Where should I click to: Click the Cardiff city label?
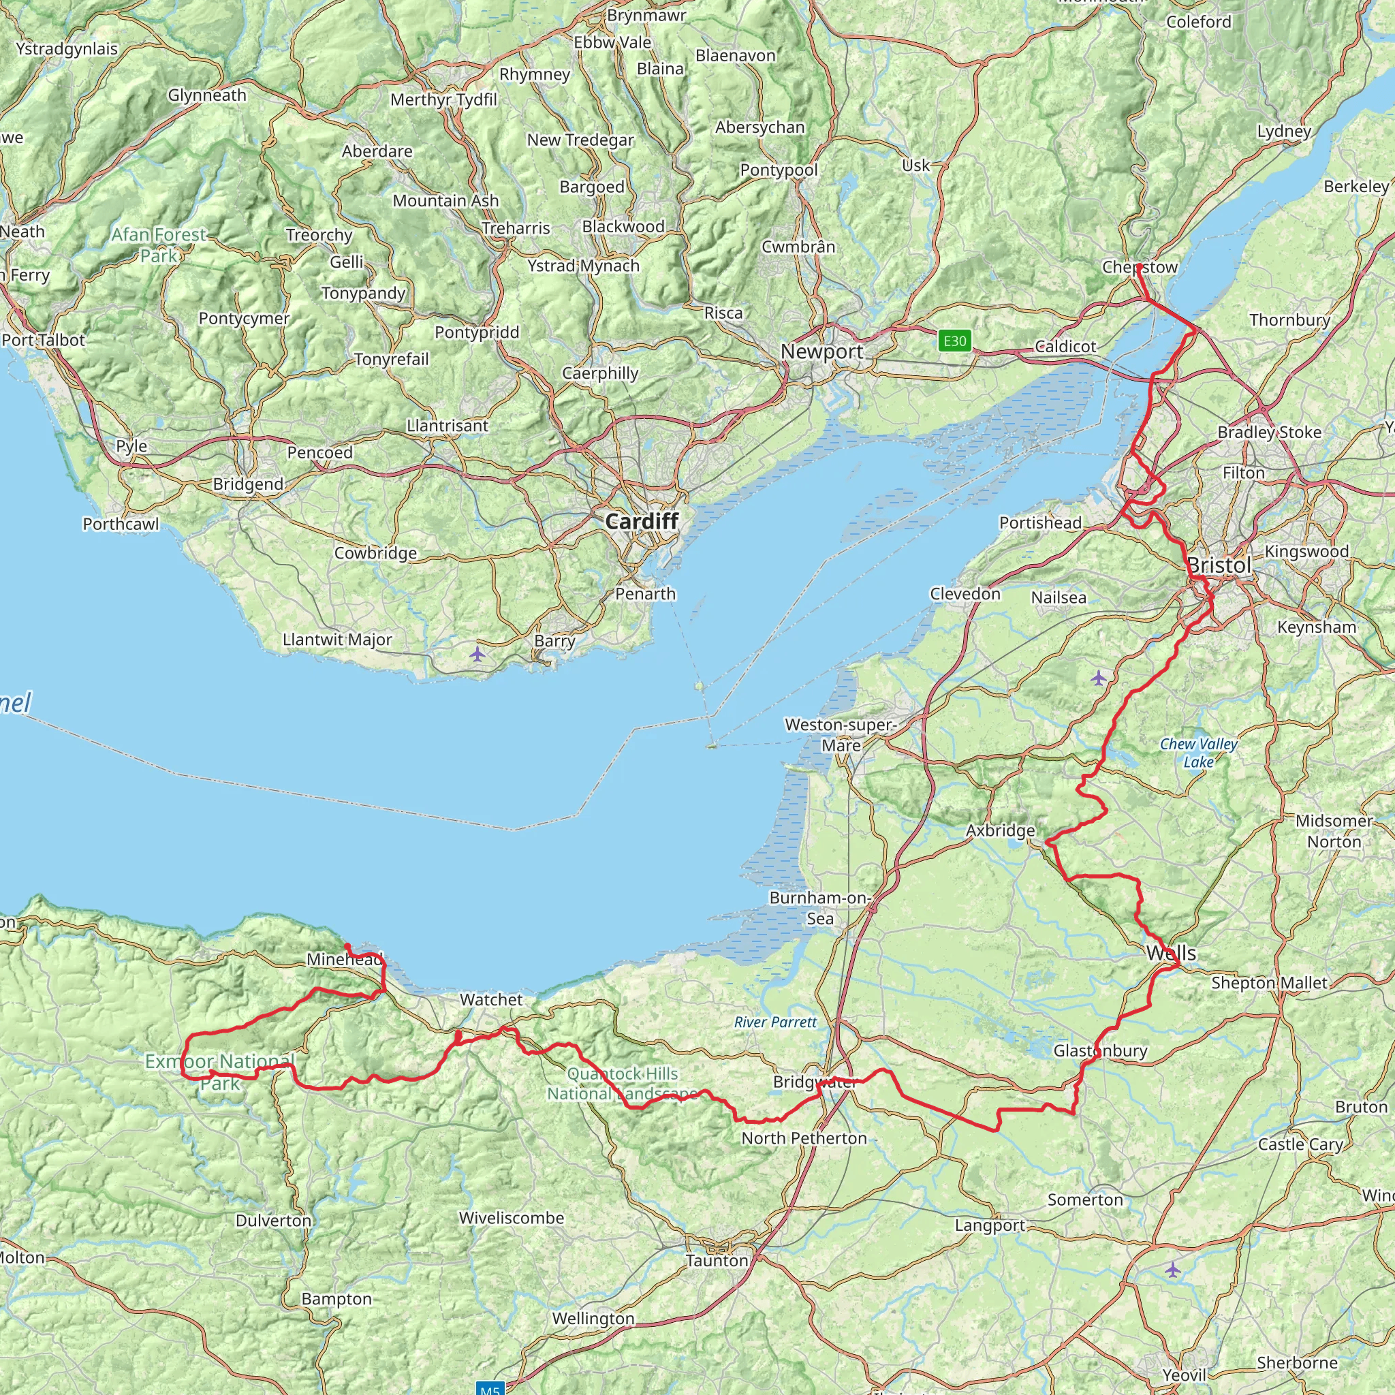click(x=641, y=521)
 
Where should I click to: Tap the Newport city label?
click(x=821, y=351)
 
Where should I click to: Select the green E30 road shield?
click(x=954, y=341)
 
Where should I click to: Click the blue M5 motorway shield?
click(x=490, y=1388)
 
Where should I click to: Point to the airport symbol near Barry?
click(x=477, y=655)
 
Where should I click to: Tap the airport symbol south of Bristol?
click(x=1098, y=677)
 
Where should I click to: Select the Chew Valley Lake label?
click(x=1199, y=753)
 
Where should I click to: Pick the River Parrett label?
click(x=774, y=1022)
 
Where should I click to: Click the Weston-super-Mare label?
click(x=841, y=734)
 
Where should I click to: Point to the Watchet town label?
click(x=491, y=1000)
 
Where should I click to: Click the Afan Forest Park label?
click(x=158, y=245)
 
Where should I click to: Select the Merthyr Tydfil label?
click(x=443, y=99)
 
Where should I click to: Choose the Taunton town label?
click(x=717, y=1261)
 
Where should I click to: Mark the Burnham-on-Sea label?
click(x=820, y=907)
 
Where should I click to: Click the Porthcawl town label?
click(x=121, y=524)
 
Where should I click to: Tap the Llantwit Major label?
click(x=337, y=640)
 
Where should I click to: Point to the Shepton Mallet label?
click(x=1268, y=983)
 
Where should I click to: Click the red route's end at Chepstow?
click(x=1139, y=266)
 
